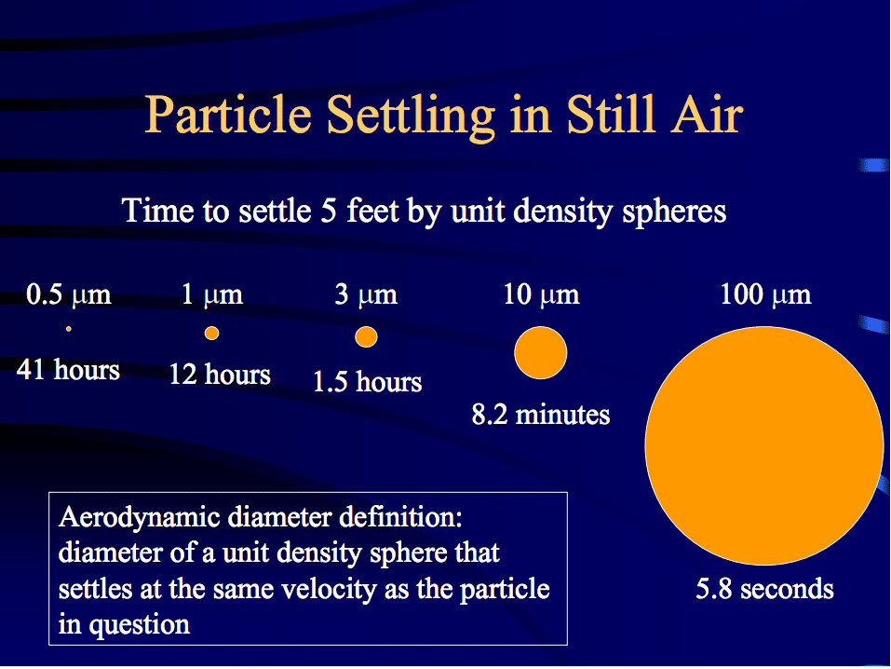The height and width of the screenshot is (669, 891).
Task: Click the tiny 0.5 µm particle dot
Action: (x=68, y=329)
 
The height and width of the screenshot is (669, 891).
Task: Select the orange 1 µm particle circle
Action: (x=211, y=333)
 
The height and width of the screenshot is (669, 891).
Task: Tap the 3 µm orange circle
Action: (x=366, y=336)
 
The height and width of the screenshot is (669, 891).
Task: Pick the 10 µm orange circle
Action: (x=540, y=353)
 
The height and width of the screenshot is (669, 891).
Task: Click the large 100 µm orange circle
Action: (x=764, y=445)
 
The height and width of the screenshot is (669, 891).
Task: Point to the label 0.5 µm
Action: (x=69, y=294)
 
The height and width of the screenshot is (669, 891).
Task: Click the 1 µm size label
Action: (x=212, y=294)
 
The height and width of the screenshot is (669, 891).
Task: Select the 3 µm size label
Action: (x=366, y=294)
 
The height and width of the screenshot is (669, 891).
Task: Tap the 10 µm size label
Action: (x=542, y=294)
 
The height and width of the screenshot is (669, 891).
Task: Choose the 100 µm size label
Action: (x=765, y=294)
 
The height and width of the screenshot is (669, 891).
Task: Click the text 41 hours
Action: (x=68, y=370)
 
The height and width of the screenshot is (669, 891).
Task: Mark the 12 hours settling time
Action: (x=220, y=375)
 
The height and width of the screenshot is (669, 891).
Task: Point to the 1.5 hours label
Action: (x=368, y=381)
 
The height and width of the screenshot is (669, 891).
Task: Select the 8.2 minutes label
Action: (x=541, y=414)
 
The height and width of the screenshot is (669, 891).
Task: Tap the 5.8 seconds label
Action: (x=765, y=589)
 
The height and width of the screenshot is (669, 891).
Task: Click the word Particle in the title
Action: (x=228, y=115)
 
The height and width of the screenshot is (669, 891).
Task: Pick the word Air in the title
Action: (x=707, y=115)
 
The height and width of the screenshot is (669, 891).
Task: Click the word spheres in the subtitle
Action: (x=674, y=212)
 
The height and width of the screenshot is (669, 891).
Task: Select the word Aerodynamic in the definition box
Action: (x=140, y=518)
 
